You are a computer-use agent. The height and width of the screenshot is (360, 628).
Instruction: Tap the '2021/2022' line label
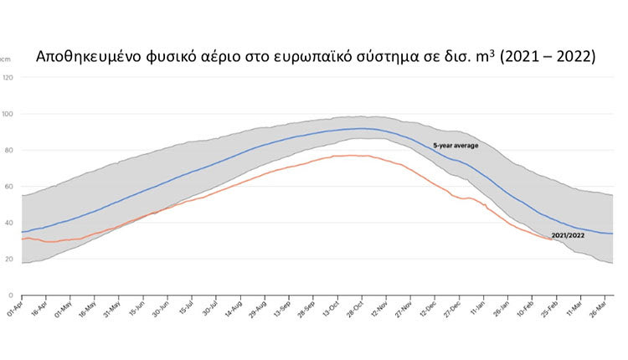point(568,235)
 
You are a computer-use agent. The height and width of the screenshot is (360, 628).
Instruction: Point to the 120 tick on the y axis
point(8,78)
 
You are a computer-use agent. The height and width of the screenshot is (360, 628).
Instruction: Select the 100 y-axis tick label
point(8,114)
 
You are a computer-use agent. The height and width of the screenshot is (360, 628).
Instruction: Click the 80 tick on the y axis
point(8,151)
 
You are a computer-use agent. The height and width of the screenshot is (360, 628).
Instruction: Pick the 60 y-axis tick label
point(8,187)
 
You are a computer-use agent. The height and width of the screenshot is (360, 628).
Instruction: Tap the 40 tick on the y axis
point(8,223)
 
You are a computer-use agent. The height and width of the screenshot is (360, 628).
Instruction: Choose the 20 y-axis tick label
point(8,260)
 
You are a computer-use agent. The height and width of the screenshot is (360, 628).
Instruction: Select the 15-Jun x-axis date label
point(138,311)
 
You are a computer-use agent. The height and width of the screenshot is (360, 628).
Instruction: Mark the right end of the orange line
point(551,239)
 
